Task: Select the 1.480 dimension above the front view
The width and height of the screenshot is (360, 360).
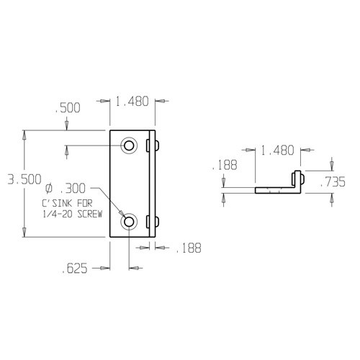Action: tap(132, 102)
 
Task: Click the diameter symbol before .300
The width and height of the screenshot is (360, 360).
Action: tap(49, 189)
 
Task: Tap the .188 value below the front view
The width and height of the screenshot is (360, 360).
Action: tap(187, 248)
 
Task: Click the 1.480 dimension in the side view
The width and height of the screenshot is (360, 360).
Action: tap(277, 150)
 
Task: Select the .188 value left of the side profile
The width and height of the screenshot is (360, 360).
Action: tap(224, 166)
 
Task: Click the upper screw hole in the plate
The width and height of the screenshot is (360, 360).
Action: tap(129, 145)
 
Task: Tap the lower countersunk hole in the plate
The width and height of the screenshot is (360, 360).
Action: tap(129, 222)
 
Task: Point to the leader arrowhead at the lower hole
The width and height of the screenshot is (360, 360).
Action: tap(122, 215)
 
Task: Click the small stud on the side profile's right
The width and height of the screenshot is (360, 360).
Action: tap(304, 179)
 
